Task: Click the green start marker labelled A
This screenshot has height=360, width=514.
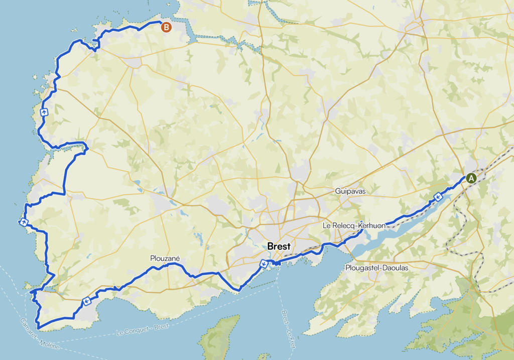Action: [471, 178]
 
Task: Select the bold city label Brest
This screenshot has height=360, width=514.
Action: [279, 247]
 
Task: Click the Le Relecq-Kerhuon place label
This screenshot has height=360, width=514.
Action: [354, 226]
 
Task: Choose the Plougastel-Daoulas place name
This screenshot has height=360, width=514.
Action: [376, 268]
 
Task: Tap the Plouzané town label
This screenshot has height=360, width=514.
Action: [165, 258]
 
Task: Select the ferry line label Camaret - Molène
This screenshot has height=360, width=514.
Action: [41, 334]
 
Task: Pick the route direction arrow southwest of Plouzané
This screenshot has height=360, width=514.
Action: [86, 301]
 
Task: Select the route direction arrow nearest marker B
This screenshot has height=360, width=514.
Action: [44, 112]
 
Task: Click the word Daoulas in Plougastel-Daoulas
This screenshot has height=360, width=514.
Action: [395, 268]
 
